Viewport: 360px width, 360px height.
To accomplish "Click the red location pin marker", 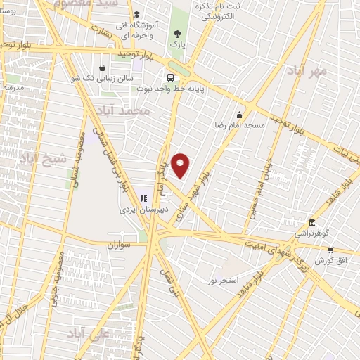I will (x=181, y=165).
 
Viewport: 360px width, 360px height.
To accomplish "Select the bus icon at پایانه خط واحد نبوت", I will (x=170, y=78).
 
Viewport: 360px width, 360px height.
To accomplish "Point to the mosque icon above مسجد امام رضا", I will (x=240, y=115).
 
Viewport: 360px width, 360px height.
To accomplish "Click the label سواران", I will (x=120, y=245).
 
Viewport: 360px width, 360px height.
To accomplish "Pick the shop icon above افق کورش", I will (x=330, y=250).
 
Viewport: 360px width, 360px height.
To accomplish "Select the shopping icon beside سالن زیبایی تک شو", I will (x=103, y=68).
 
